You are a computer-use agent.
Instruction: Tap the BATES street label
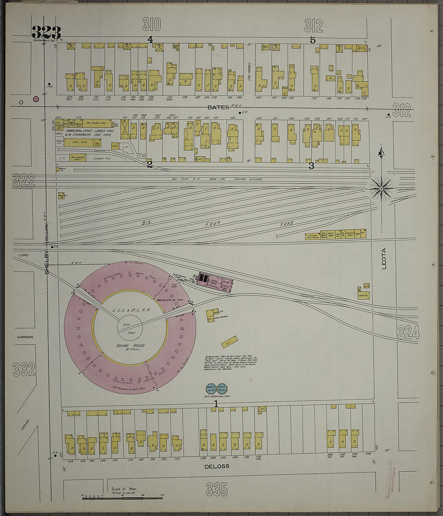tap(218, 107)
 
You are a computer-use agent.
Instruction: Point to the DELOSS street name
tap(217, 466)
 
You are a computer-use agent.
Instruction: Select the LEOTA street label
tap(383, 258)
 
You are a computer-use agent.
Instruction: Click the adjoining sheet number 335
tap(217, 489)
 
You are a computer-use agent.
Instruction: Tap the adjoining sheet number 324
tap(408, 332)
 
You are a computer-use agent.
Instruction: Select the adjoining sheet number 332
tap(24, 369)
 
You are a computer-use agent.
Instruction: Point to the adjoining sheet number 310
tap(151, 25)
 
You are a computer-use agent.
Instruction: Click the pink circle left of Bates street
tap(36, 99)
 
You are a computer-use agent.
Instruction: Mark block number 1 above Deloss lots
tap(216, 403)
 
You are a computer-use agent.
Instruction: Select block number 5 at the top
tap(313, 40)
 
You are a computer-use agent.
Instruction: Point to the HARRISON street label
tap(25, 337)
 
